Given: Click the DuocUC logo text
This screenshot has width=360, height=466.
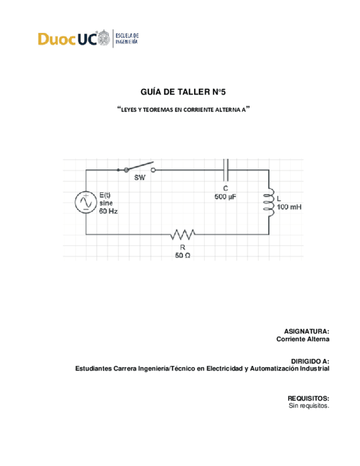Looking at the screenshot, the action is [66, 39].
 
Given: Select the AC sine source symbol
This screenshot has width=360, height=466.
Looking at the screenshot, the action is [86, 203].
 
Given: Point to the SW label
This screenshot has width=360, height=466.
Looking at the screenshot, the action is [140, 178].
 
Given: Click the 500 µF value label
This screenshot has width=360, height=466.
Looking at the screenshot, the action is [225, 196].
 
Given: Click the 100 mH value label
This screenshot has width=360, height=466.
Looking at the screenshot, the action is [289, 208].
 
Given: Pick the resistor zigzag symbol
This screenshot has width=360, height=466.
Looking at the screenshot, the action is [182, 235].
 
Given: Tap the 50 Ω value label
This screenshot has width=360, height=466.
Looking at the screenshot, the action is [182, 256].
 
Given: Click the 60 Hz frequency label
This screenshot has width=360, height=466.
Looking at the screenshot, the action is [109, 210].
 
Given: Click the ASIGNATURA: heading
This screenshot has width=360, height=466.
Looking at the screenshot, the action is [306, 331].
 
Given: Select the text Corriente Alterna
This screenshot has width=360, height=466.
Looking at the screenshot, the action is [302, 340].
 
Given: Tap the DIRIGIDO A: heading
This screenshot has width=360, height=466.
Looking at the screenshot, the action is [310, 360].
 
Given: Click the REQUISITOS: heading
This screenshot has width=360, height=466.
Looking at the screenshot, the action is [308, 397].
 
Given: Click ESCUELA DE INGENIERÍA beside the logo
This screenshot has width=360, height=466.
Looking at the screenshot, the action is [127, 38].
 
